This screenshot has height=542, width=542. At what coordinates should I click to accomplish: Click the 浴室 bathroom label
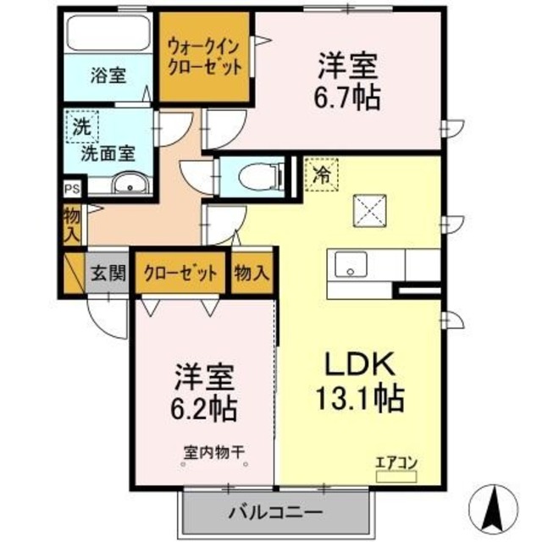[x=108, y=75]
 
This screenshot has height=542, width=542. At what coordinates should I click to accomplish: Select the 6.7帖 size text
[x=348, y=96]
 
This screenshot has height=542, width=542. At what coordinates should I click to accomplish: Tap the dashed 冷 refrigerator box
[x=321, y=176]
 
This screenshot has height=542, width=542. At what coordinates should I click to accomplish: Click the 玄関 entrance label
[x=108, y=273]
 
